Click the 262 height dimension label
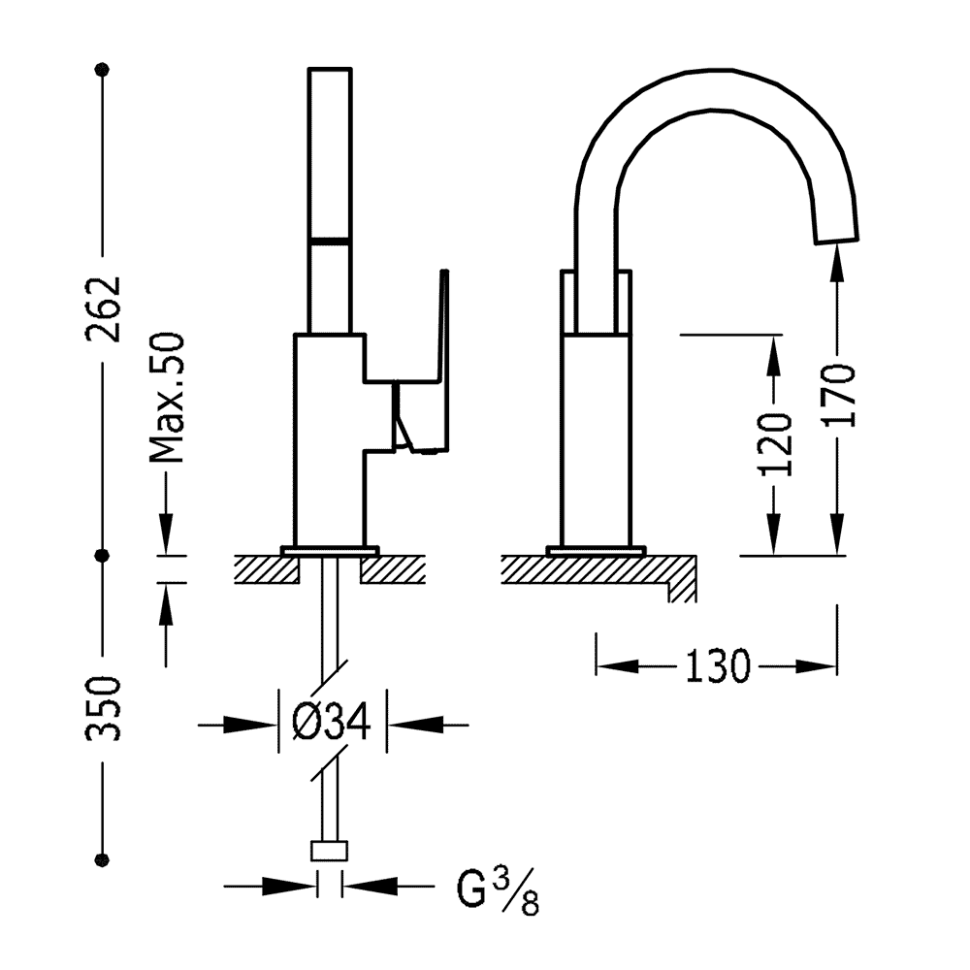click(103, 308)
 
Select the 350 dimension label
click(103, 708)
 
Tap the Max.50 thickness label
click(167, 399)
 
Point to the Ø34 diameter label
click(332, 722)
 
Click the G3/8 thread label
click(498, 890)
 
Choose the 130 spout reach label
click(717, 666)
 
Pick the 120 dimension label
click(775, 444)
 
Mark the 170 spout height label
click(838, 396)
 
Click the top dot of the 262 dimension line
click(103, 69)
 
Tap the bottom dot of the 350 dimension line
click(103, 859)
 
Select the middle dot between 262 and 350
click(103, 556)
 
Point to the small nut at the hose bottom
click(329, 851)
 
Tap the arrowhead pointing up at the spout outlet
click(837, 262)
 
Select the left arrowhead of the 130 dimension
click(617, 666)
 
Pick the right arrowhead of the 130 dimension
click(816, 666)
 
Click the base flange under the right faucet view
click(597, 551)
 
